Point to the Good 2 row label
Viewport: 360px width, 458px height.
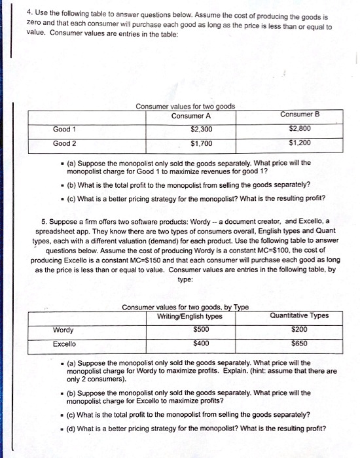click(x=65, y=143)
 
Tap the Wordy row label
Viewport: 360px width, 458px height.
click(x=63, y=330)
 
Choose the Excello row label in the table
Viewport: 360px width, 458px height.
click(x=65, y=343)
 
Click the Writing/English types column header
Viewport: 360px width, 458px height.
click(x=190, y=317)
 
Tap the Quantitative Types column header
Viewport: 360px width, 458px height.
click(x=298, y=316)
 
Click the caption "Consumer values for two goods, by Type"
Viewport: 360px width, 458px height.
click(x=185, y=308)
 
